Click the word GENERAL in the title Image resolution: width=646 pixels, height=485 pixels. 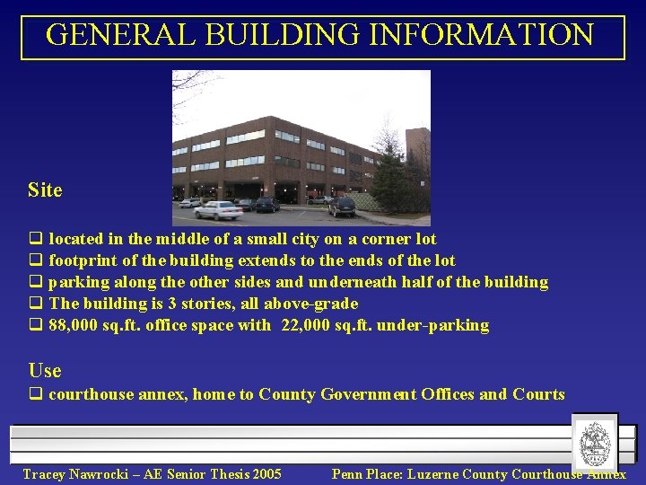click(x=121, y=35)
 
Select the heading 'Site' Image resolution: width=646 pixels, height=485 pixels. click(x=45, y=190)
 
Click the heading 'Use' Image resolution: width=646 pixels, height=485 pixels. click(x=45, y=371)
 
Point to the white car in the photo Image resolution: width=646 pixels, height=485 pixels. click(x=218, y=210)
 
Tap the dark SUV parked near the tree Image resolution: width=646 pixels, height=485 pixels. click(x=342, y=207)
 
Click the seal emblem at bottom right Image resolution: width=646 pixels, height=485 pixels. click(x=596, y=443)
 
